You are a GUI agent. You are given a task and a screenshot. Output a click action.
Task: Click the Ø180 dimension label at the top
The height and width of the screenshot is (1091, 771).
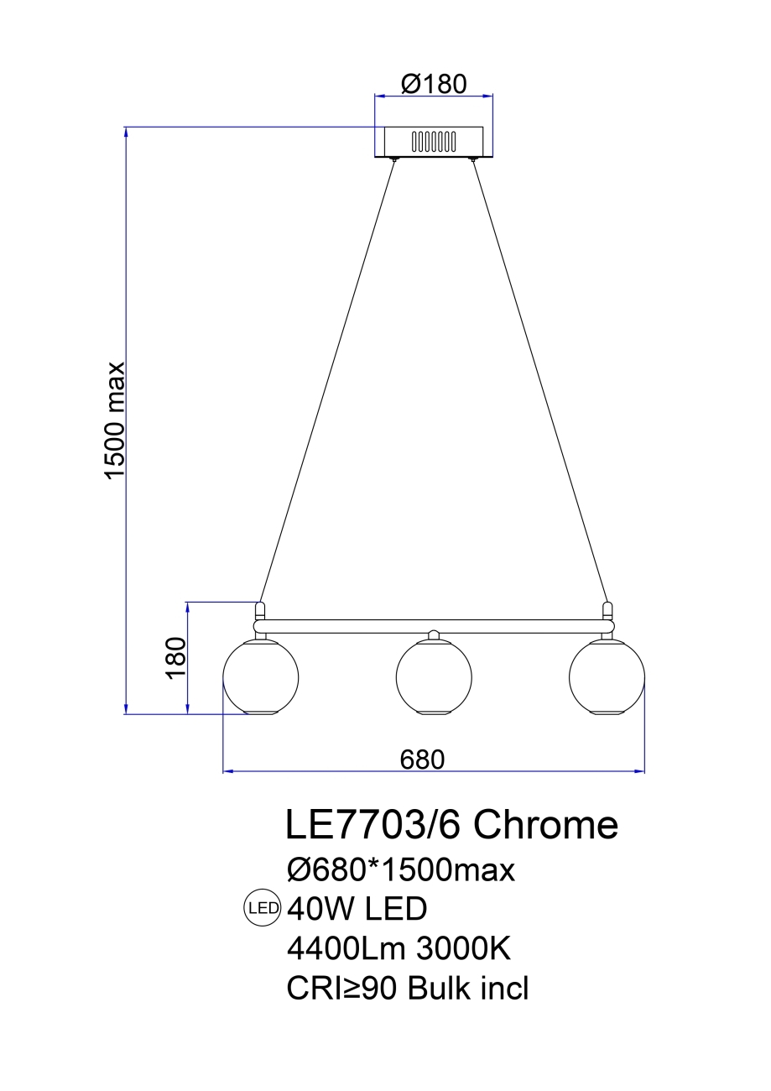click(433, 83)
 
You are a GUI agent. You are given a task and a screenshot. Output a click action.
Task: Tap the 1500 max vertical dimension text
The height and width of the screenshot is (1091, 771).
click(115, 420)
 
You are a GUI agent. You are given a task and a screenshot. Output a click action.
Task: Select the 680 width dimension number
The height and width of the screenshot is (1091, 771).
click(421, 759)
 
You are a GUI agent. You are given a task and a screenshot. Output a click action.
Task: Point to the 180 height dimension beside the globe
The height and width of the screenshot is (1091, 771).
click(175, 658)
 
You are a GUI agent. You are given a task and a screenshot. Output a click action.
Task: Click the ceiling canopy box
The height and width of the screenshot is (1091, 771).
click(434, 141)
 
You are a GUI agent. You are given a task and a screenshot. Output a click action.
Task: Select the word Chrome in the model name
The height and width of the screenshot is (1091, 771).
click(546, 825)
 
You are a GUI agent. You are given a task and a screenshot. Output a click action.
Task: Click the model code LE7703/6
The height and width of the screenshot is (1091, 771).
click(374, 825)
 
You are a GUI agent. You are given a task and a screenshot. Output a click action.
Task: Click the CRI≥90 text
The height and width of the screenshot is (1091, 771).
click(342, 989)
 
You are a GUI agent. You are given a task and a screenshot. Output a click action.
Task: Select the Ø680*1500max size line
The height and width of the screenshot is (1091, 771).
click(400, 869)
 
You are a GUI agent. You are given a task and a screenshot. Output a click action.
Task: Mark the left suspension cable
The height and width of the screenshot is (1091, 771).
click(327, 378)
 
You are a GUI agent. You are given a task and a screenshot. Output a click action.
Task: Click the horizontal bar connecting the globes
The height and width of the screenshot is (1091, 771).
click(434, 626)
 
